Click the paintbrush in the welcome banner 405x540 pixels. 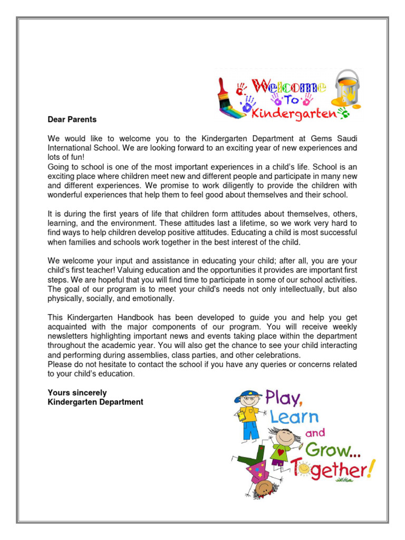point(230,101)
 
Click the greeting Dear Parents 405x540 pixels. point(72,120)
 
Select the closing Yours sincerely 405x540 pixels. point(77,392)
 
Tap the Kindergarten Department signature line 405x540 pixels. point(95,402)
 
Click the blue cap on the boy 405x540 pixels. point(248,394)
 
